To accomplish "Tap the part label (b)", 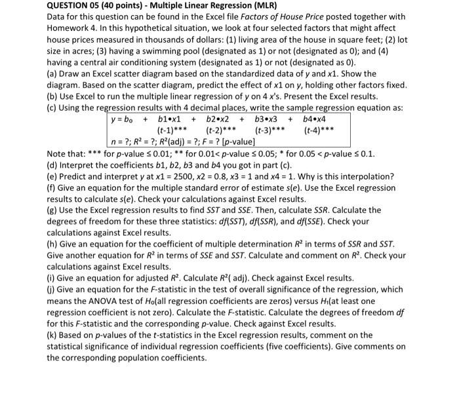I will click(54, 97).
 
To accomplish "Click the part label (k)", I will click(54, 335).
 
